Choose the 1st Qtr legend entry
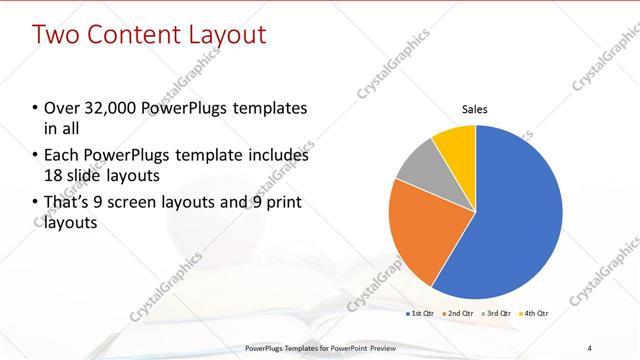pyautogui.click(x=420, y=313)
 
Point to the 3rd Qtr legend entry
pyautogui.click(x=497, y=313)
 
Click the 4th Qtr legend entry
pyautogui.click(x=535, y=313)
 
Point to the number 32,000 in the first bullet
pyautogui.click(x=108, y=108)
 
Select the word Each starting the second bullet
pyautogui.click(x=62, y=156)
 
